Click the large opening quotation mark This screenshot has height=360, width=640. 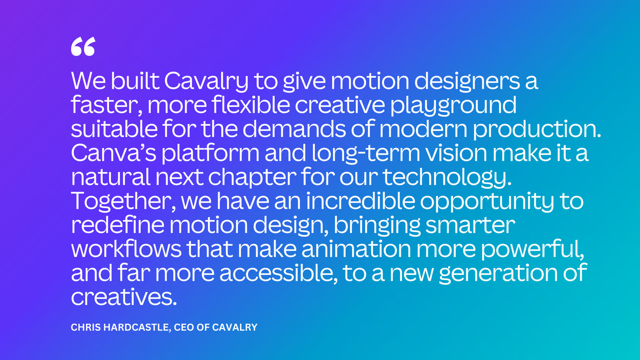[83, 46]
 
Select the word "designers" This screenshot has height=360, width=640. [467, 82]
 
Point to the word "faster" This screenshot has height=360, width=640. [106, 105]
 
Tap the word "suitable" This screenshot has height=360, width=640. [114, 129]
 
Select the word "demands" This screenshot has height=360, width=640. [294, 129]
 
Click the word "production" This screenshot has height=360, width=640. [537, 130]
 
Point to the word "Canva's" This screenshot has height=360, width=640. [114, 153]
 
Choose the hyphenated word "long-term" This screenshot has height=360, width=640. [366, 154]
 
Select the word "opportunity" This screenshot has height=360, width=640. [487, 202]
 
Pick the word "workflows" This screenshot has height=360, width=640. [126, 249]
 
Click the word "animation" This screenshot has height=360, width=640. [356, 249]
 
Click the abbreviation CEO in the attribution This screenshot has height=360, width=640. [184, 328]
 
